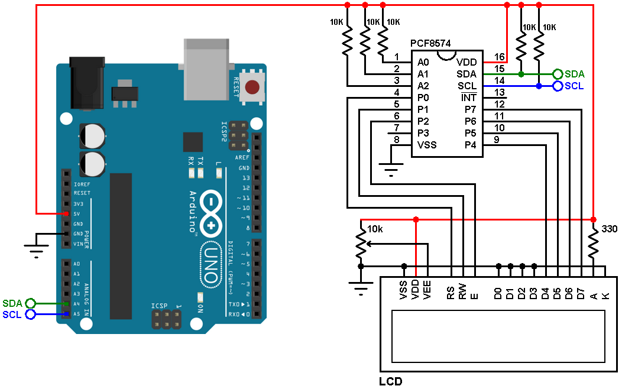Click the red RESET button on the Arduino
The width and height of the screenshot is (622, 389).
coord(252,87)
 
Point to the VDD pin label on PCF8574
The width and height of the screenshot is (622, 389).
coord(466,62)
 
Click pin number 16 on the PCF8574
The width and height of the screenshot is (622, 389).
coord(500,57)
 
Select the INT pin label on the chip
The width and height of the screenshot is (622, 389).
coord(469,98)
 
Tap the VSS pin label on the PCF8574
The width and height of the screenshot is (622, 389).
coord(427,145)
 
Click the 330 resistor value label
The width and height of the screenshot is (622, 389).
coord(609,228)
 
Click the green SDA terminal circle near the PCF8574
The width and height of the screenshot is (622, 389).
coord(557,74)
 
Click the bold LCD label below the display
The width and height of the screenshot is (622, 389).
coord(391,381)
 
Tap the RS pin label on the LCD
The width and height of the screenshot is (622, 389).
coord(451,292)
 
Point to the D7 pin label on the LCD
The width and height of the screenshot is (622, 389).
coord(582,292)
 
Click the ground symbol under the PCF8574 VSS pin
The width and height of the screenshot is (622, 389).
coord(391,171)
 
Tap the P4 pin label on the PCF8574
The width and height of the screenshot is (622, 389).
coord(470,145)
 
